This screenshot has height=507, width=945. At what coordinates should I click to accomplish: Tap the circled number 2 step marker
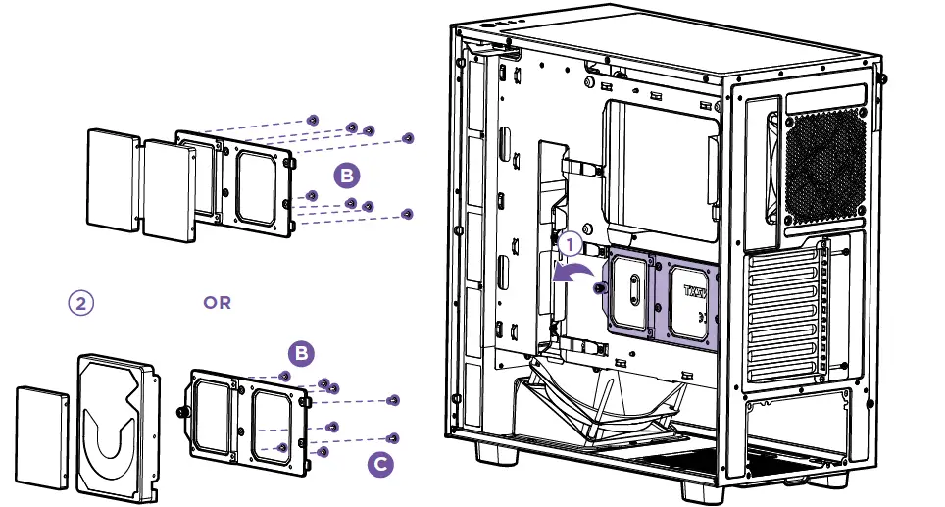coord(81,302)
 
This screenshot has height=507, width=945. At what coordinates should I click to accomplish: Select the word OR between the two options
coord(217,303)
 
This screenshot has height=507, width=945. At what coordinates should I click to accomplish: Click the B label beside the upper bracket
coord(347,177)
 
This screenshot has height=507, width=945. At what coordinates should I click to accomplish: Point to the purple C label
coord(382,465)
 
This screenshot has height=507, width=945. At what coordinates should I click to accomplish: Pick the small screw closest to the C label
coord(393,437)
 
